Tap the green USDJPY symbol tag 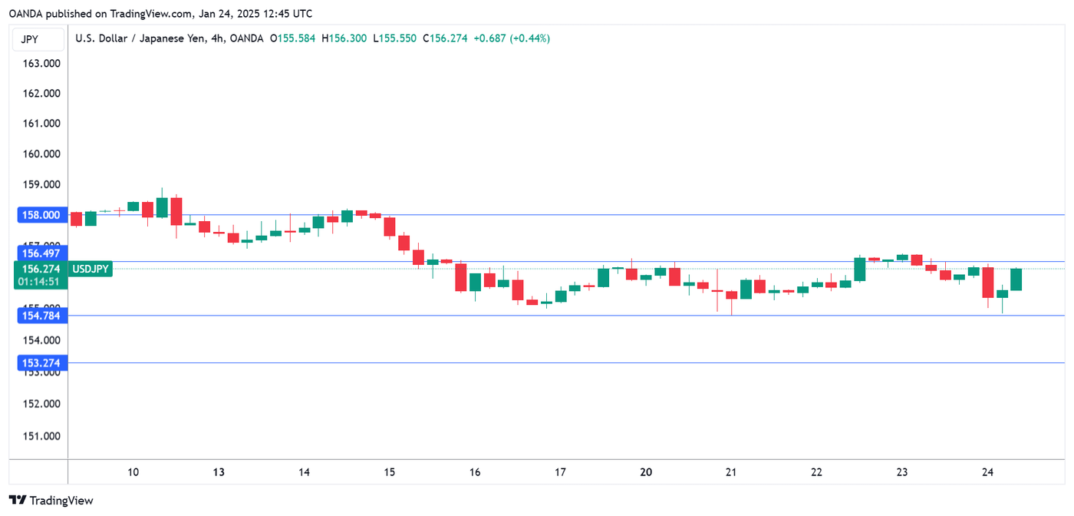[x=91, y=269]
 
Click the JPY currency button [x=30, y=39]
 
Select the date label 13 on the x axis [x=219, y=472]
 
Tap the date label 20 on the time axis [x=646, y=472]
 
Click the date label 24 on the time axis [x=987, y=472]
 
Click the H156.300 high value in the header [x=344, y=38]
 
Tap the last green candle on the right [x=1016, y=279]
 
